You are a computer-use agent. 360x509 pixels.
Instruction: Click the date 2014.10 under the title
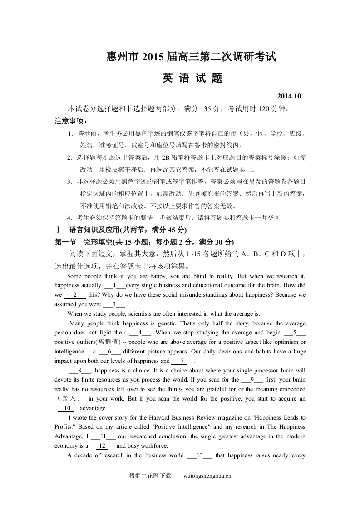[289, 96]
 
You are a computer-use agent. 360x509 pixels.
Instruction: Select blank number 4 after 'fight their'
[140, 333]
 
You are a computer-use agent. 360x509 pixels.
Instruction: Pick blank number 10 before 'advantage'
[67, 408]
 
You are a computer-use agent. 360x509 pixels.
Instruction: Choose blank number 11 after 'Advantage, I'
[103, 436]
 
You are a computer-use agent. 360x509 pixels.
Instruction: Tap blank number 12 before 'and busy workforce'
[102, 446]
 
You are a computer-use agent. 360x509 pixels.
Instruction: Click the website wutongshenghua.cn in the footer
[207, 476]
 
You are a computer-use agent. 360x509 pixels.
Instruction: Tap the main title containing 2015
[191, 57]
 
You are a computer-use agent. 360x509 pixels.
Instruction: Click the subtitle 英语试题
[192, 78]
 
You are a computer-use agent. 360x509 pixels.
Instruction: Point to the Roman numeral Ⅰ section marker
[58, 230]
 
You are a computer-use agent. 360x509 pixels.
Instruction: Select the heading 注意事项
[71, 121]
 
